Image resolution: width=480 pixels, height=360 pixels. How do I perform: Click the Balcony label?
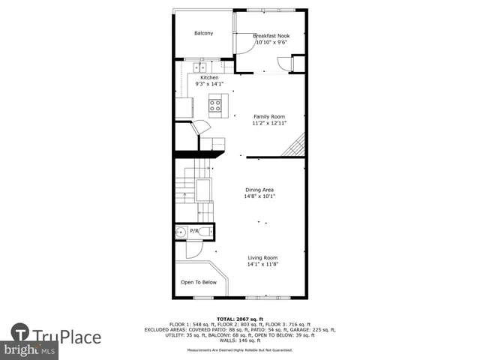click(203, 33)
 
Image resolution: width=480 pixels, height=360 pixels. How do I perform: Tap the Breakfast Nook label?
click(271, 36)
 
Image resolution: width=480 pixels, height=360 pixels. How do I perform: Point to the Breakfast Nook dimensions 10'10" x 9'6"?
click(271, 43)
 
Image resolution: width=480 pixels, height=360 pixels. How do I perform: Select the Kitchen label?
click(209, 77)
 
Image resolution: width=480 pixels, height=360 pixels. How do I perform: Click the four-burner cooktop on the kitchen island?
click(216, 105)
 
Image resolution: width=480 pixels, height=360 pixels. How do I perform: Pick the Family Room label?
click(268, 116)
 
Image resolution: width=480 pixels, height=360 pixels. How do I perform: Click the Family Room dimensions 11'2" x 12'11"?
click(268, 124)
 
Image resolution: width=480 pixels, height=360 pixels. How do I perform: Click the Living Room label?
click(262, 257)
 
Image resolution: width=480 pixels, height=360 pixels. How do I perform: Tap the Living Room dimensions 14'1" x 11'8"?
click(262, 264)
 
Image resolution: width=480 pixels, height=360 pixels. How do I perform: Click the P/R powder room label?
click(194, 231)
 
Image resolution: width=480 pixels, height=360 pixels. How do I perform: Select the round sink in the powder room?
click(180, 233)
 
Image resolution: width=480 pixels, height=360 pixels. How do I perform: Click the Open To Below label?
click(199, 282)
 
